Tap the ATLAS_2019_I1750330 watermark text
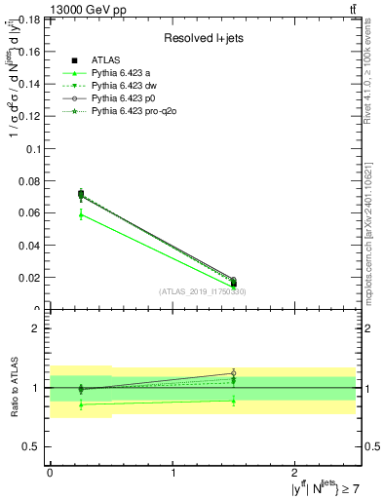[x=203, y=291]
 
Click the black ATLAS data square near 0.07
[x=81, y=194]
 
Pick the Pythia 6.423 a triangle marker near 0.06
[x=81, y=213]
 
